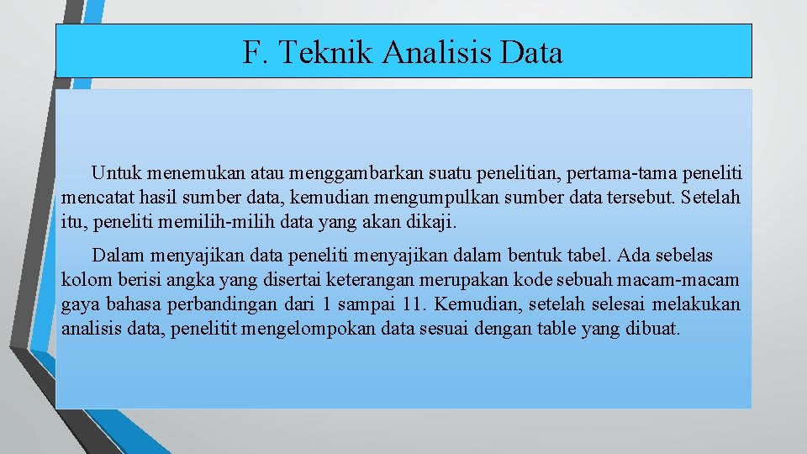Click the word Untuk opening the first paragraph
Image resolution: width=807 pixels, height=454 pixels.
pos(116,174)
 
